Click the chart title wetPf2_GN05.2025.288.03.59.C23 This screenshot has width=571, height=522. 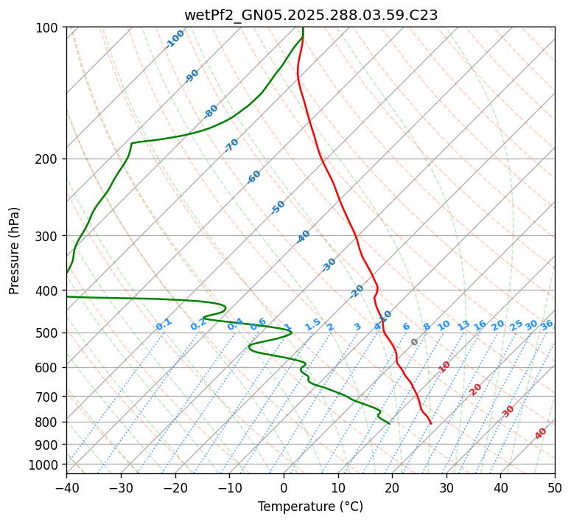point(310,15)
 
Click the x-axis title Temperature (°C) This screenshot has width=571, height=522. point(310,507)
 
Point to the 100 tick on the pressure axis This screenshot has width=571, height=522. point(47,28)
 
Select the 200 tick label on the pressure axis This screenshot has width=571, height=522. point(47,159)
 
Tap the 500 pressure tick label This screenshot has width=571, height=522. point(47,333)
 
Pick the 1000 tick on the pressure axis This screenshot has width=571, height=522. point(44,464)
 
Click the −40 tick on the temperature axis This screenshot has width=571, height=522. point(66,487)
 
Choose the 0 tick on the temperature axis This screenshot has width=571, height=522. point(284,487)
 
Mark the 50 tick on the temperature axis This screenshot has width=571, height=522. point(555,487)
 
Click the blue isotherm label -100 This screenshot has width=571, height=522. point(175,39)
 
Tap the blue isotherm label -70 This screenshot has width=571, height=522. point(231,145)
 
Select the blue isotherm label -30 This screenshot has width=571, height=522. point(329,265)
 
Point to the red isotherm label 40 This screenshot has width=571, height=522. point(541,434)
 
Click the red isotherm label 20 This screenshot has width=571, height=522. point(476,389)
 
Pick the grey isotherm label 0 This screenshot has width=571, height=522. point(415,342)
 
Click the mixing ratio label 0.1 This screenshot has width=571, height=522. point(164,324)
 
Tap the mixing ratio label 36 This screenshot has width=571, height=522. point(547,324)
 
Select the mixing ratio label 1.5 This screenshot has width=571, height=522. point(312,324)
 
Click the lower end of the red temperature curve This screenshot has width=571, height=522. point(431,423)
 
